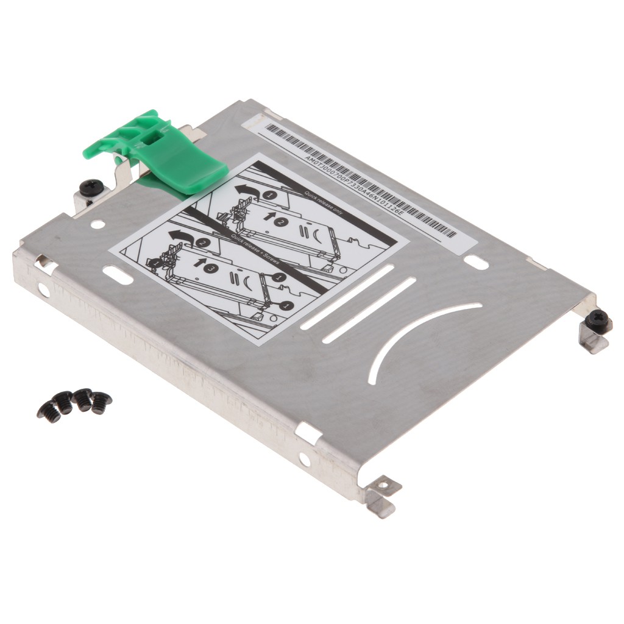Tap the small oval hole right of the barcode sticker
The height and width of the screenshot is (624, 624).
click(476, 263)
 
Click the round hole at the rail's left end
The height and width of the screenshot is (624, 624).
click(43, 290)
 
